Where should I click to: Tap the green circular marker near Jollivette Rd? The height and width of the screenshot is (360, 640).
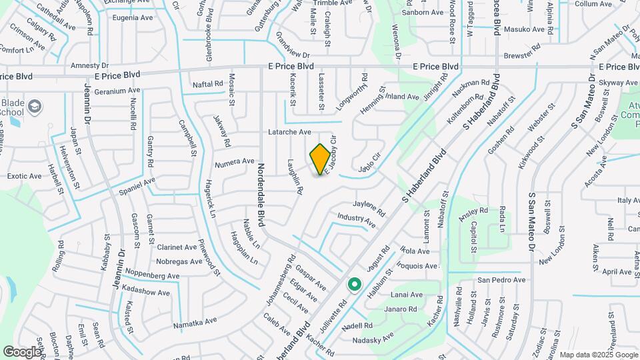(355, 285)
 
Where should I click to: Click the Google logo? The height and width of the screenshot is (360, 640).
(21, 351)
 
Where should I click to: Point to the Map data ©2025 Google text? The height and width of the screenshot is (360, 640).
(599, 355)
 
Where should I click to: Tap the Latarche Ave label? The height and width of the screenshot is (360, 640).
(289, 132)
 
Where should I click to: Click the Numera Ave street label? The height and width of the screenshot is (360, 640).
(235, 161)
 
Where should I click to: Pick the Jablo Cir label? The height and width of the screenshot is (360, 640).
(369, 165)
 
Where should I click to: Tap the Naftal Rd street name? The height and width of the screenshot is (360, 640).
(207, 84)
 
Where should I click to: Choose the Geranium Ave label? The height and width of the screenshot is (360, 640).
(117, 91)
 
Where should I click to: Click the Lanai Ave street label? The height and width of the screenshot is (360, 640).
(407, 295)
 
